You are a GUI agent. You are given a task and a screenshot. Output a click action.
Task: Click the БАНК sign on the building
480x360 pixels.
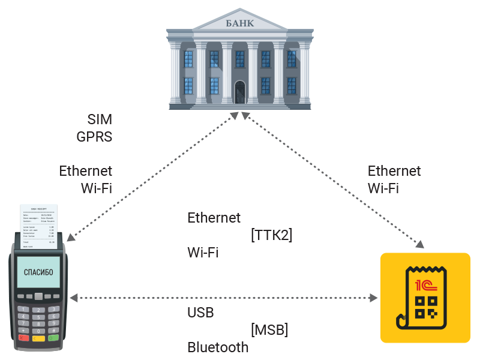[239, 23]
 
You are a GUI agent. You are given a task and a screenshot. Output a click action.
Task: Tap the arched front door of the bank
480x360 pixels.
[240, 93]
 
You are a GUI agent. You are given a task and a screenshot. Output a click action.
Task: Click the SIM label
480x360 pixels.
[100, 119]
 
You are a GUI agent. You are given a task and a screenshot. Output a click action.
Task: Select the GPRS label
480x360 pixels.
[94, 136]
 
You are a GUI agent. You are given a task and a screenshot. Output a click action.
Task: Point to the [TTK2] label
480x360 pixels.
[271, 235]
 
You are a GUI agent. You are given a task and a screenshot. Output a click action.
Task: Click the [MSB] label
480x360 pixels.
[269, 329]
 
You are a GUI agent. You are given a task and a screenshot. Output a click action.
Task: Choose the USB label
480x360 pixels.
[200, 313]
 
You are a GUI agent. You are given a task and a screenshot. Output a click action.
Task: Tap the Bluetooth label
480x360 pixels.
[218, 347]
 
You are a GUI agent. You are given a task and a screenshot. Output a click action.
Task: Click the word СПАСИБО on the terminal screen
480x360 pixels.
[38, 272]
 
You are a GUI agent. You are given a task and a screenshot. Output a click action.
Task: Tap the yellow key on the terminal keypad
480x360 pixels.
[38, 339]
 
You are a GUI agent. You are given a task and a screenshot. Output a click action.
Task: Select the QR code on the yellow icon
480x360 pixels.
[427, 307]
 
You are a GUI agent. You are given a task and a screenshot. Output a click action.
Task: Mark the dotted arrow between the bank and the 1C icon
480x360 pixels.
[333, 180]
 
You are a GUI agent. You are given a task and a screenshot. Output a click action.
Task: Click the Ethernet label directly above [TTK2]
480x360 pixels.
[214, 218]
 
